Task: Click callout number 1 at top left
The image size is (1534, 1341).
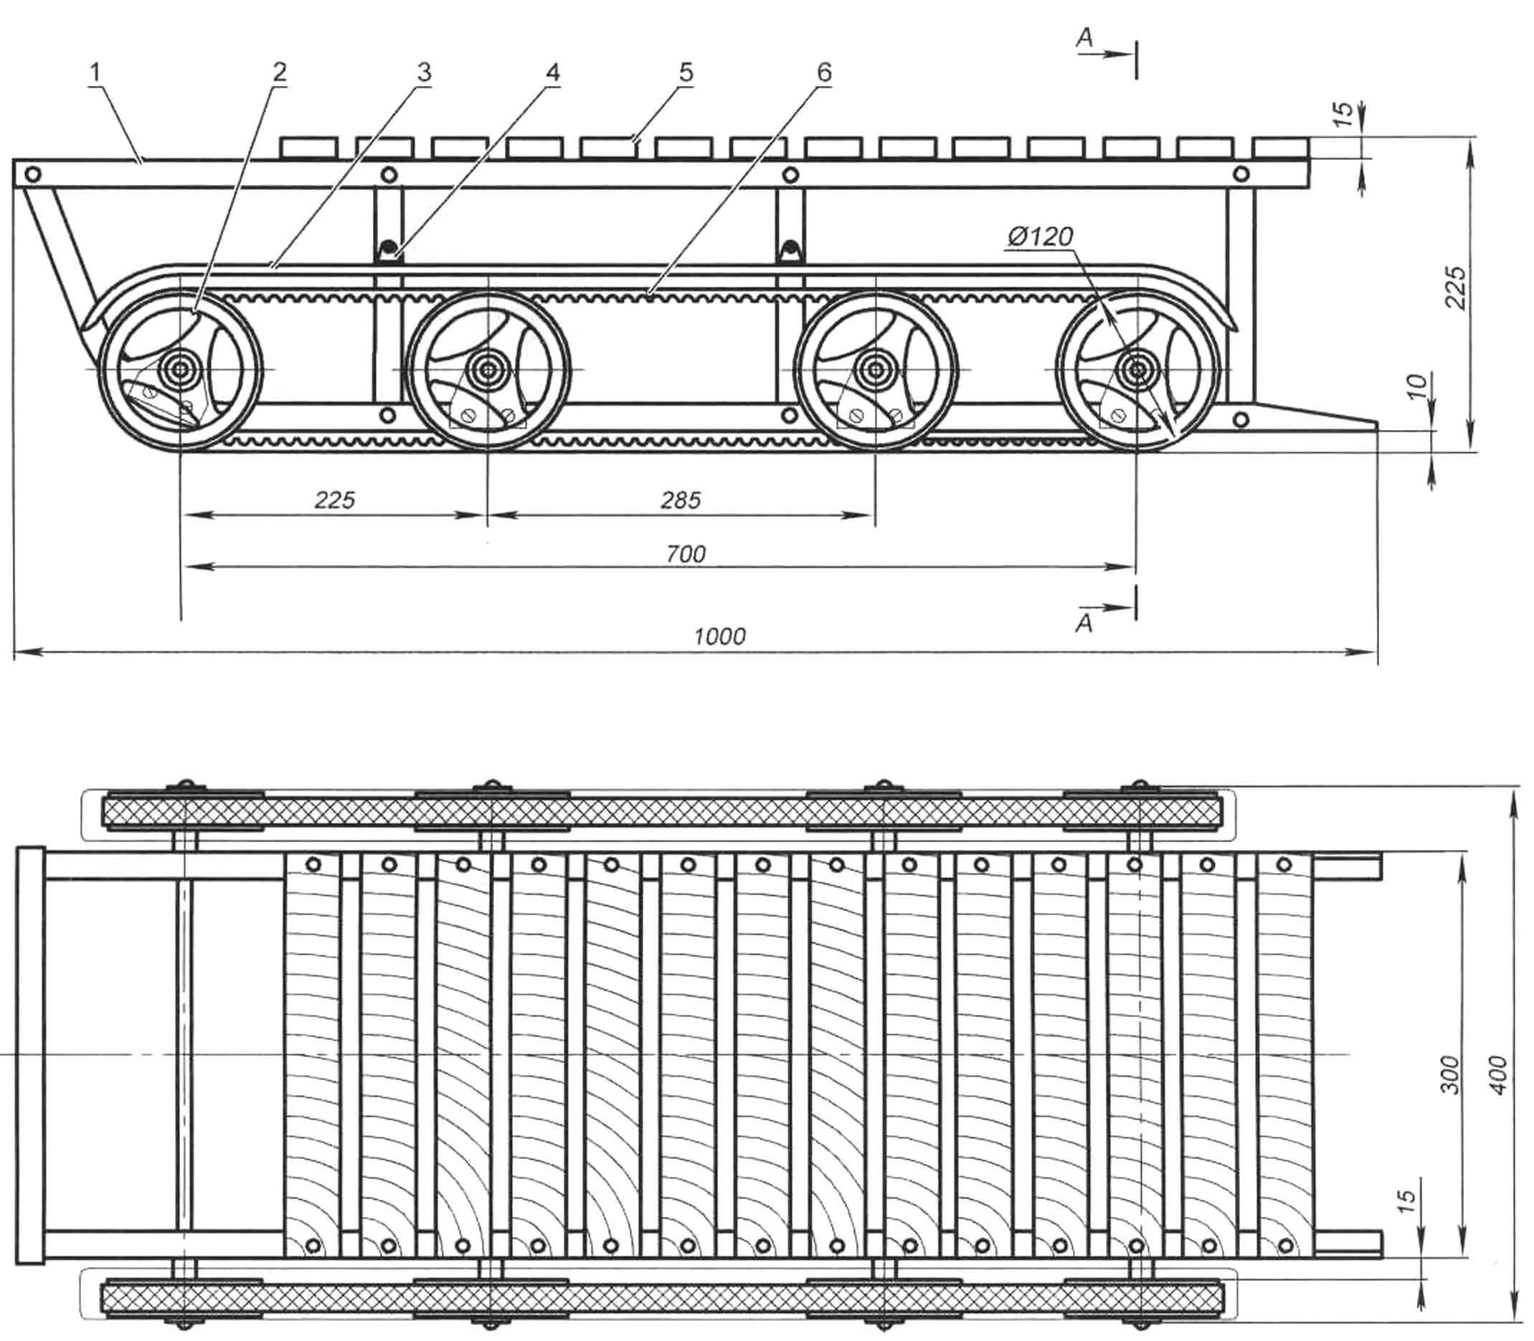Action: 95,73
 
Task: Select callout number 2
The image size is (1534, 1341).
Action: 279,72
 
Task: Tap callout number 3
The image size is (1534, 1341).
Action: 424,72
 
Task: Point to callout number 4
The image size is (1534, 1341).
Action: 551,72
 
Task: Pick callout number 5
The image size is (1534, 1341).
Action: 686,72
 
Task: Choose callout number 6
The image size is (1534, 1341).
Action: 823,72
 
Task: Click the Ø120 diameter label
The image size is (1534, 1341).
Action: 1041,237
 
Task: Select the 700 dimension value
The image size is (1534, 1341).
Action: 686,554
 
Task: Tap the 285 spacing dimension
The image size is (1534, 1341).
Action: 681,500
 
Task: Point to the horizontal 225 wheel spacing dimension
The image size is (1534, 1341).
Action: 334,500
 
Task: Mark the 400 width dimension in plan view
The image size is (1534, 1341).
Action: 1497,1075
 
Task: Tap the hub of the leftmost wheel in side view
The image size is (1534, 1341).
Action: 181,369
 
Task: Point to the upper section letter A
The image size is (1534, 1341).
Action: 1085,39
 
